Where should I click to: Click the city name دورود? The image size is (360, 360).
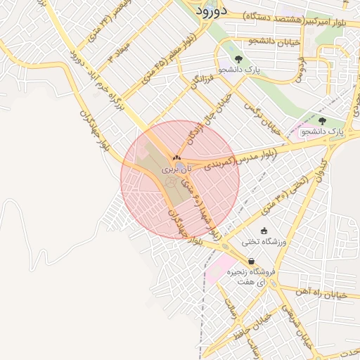coord(209,11)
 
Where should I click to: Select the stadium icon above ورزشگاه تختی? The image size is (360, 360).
coord(264,230)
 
